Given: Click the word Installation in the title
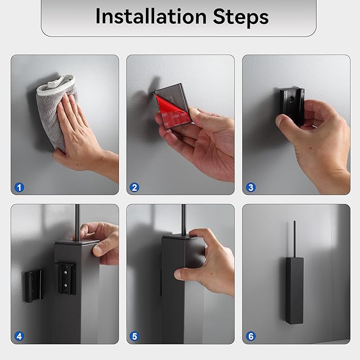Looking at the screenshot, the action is (x=151, y=16).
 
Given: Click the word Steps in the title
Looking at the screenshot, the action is (x=241, y=17).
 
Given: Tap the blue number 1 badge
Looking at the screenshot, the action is (x=19, y=187).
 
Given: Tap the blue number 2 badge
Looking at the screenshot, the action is (x=135, y=187).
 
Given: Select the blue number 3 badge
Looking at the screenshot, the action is (x=251, y=187).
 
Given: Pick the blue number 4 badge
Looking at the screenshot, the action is (x=19, y=336).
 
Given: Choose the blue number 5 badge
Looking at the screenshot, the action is (x=135, y=336).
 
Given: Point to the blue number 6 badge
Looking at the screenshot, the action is (x=251, y=336).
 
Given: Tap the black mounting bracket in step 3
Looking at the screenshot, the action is (x=292, y=106).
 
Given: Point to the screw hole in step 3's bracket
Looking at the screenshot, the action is (x=292, y=100).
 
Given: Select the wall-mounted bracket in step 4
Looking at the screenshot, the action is (x=34, y=286).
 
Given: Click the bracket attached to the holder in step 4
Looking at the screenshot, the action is (x=66, y=278).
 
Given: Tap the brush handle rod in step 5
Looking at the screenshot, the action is (x=183, y=219).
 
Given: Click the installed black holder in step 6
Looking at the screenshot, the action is (x=295, y=291).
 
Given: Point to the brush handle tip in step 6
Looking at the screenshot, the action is (x=295, y=222).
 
